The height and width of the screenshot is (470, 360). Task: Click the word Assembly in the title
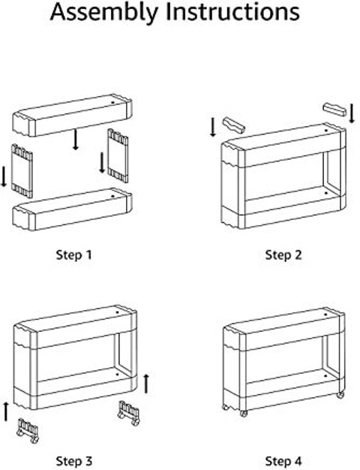tap(103, 13)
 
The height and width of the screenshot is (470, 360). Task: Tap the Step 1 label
tap(73, 255)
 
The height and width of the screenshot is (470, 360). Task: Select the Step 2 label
tap(283, 255)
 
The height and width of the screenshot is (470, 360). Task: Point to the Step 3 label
tap(74, 461)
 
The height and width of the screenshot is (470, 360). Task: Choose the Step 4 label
tap(283, 461)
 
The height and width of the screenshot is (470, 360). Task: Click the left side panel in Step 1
tap(22, 171)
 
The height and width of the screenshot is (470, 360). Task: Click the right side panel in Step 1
tap(118, 156)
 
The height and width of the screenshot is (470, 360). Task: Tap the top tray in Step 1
tap(72, 116)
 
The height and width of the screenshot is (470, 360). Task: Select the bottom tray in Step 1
tap(72, 209)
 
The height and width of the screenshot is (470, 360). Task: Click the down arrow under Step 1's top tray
tap(76, 140)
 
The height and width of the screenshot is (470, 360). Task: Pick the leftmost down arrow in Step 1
tap(4, 177)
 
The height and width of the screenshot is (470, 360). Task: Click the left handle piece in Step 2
tap(234, 125)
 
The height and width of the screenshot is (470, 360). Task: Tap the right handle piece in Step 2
tap(334, 110)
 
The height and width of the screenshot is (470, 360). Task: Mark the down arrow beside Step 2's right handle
tap(352, 113)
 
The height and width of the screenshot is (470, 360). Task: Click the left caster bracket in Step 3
tap(28, 431)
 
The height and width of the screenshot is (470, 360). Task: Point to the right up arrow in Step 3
tap(146, 384)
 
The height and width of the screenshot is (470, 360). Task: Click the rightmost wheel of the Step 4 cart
tap(340, 394)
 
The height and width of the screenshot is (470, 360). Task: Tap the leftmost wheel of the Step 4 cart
tap(226, 407)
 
